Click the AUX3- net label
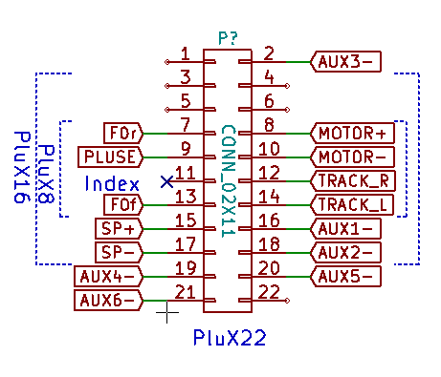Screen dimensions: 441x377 coord(345,62)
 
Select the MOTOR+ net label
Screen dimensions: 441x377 coord(352,134)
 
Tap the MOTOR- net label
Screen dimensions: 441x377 coord(352,157)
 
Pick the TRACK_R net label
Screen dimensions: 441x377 coord(353,181)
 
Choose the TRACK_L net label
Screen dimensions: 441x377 coord(352,205)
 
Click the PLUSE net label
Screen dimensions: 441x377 coord(110,157)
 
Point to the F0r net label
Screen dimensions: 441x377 coord(123,134)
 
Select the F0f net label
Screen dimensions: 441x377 coord(123,205)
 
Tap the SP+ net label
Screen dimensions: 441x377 coord(119,229)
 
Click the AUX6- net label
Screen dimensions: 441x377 coord(108,301)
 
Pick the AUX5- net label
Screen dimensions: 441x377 coord(345,277)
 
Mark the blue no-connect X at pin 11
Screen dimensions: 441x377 coord(167,181)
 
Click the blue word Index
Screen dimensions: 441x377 coord(112,183)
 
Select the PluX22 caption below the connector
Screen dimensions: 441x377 coord(230,337)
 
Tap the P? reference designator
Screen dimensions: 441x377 coord(229,38)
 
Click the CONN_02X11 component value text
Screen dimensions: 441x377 coord(229,181)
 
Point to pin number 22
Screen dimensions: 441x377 coord(269,292)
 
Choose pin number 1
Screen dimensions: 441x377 coord(186,53)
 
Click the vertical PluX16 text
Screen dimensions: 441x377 coord(22,167)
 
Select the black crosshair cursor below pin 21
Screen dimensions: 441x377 coord(167,312)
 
